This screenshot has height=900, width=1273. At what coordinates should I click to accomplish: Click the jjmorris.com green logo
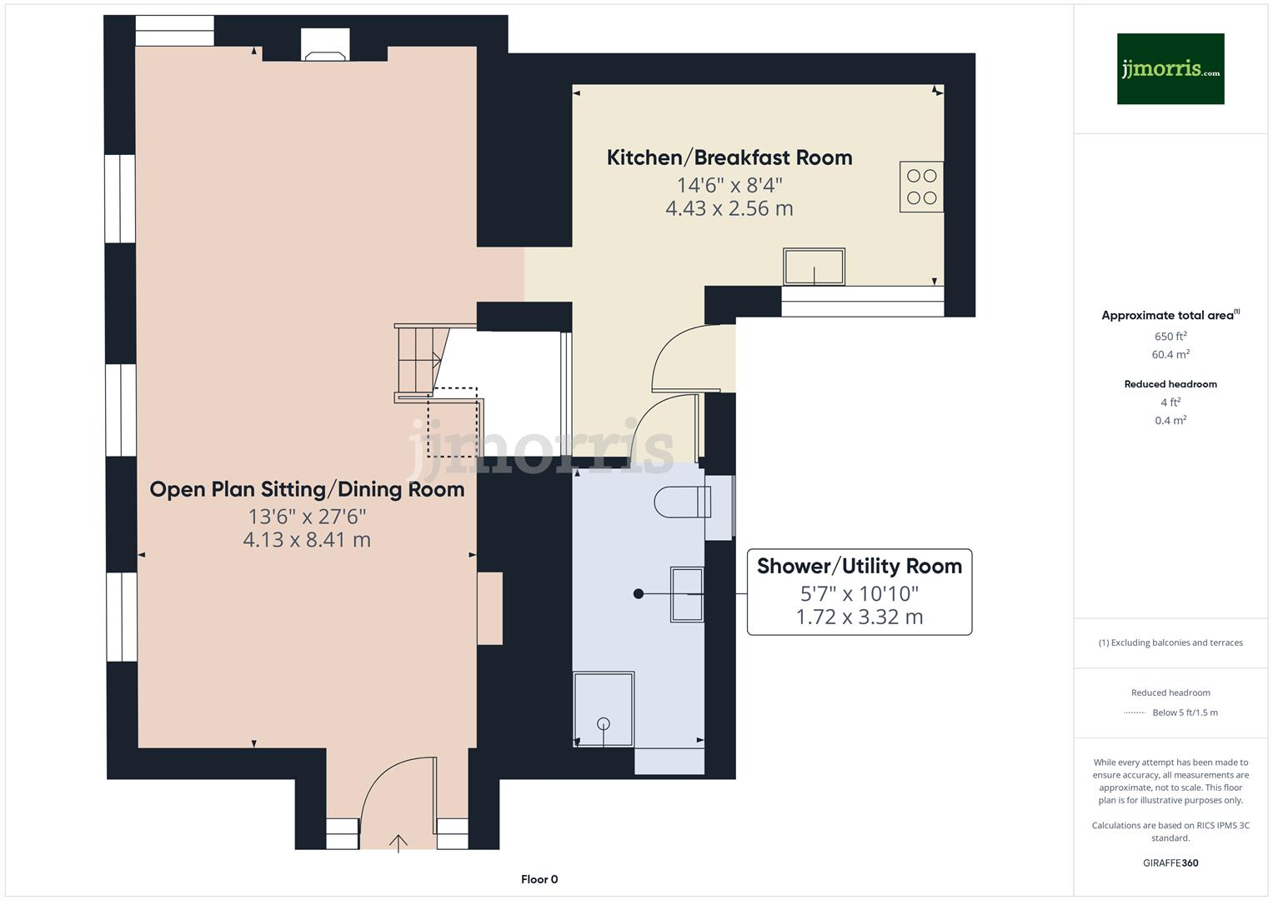coord(1170,68)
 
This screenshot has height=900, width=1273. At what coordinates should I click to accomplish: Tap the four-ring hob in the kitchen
coord(921,187)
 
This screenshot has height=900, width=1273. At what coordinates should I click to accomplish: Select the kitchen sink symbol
coord(814,267)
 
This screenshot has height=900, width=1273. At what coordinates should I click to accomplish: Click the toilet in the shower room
coord(682,502)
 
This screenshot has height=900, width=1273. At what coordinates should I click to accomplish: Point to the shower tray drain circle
coord(604,723)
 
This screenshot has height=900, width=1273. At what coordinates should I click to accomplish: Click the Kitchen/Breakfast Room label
coord(729,157)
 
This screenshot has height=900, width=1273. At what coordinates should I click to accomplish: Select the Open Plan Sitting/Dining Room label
coord(307,489)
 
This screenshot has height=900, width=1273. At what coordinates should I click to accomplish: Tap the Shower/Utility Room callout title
coord(859,567)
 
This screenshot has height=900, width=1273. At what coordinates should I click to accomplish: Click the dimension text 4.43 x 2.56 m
coord(729,208)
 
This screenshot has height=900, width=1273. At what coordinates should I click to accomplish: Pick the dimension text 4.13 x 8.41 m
coord(307,540)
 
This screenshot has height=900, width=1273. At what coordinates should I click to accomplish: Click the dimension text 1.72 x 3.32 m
coord(859,617)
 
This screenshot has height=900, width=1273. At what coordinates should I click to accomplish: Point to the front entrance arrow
coord(398,843)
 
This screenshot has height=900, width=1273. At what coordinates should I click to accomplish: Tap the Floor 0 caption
coord(539,879)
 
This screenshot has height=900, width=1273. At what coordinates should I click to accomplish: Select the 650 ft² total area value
coord(1170,337)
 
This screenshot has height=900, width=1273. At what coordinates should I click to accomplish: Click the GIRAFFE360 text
coord(1170,862)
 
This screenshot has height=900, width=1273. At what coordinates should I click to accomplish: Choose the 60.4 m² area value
coord(1170,355)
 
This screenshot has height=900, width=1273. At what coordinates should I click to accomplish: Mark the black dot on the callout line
coord(639,594)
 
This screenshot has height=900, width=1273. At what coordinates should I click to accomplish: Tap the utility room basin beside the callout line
coord(687,594)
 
